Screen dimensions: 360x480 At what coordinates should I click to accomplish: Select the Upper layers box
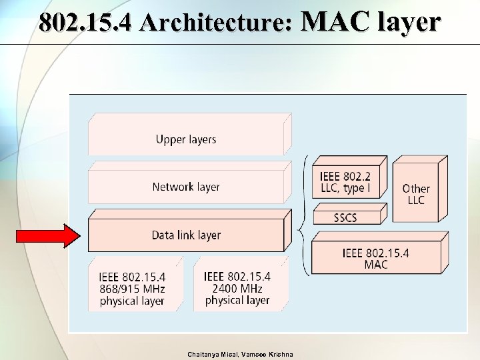coord(186,139)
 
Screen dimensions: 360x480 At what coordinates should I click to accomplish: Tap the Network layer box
coord(186,187)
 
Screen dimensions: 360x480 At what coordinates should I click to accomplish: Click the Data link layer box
coord(186,235)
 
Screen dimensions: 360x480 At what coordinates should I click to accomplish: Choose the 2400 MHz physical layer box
coord(237,288)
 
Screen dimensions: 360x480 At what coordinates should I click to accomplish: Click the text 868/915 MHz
coord(132,289)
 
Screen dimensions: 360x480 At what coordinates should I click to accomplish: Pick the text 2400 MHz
coord(237,289)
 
